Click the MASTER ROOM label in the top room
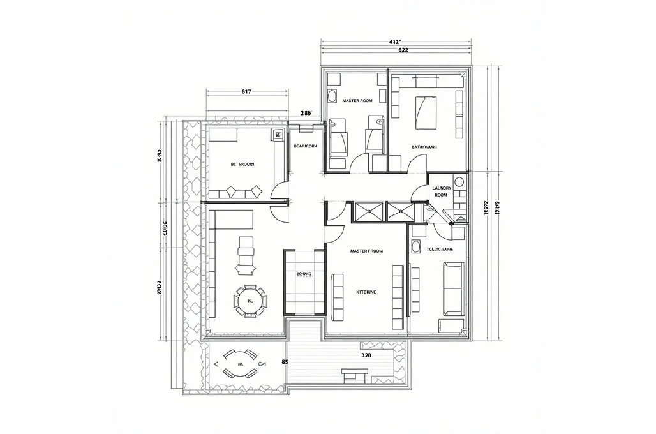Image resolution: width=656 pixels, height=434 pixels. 357,101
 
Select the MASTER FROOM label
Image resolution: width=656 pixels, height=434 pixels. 366,251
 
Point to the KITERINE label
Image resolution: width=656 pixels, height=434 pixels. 366,292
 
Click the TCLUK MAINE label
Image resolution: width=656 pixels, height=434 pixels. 440,249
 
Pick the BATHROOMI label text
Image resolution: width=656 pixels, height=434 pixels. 424,147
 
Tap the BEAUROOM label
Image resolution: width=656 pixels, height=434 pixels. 305,146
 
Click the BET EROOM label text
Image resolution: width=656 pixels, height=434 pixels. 242,164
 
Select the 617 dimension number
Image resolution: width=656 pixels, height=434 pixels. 246,91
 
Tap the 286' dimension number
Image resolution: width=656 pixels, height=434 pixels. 306,113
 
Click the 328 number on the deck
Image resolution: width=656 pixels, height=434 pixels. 366,355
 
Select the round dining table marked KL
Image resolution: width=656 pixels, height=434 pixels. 250,300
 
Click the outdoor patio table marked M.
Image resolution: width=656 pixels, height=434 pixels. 241,364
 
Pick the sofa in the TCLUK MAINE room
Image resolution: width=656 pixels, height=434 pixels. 452,288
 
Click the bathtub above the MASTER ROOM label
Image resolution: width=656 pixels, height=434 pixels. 332,97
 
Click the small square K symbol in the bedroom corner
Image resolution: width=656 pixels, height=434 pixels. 278,135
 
